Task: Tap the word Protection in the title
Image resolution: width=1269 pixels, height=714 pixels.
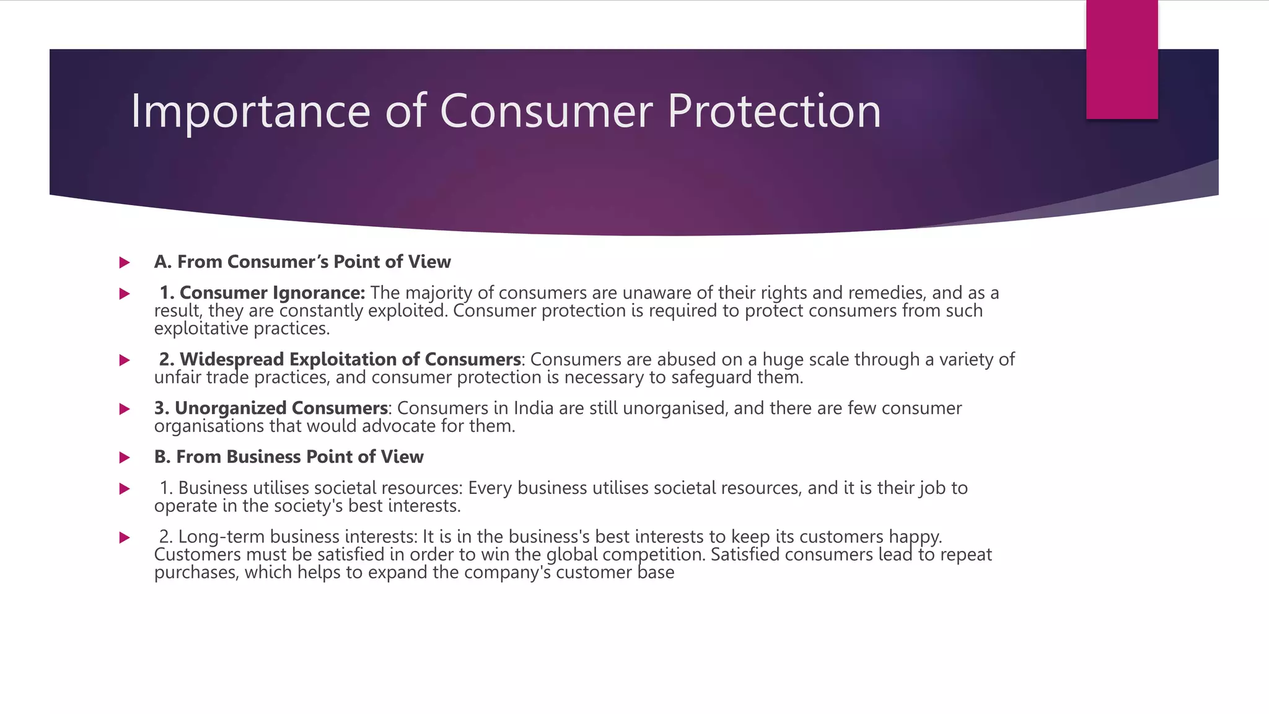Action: (774, 112)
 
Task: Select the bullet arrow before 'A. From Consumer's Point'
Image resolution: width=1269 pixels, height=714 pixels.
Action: (125, 263)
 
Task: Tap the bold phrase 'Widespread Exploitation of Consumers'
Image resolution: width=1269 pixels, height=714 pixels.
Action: (350, 359)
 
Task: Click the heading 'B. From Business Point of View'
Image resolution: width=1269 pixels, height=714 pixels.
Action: (289, 457)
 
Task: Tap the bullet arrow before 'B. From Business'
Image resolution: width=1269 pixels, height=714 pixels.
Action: (125, 458)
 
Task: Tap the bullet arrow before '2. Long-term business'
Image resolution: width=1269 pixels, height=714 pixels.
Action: (125, 538)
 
